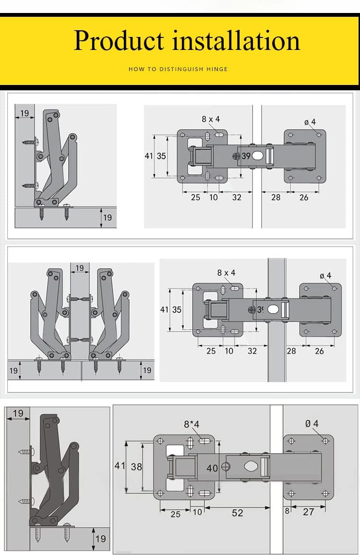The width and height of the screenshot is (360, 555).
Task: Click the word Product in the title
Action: click(x=119, y=40)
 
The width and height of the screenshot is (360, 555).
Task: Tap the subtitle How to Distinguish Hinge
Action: click(x=178, y=69)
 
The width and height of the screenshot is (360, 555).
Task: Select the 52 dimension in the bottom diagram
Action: click(x=238, y=513)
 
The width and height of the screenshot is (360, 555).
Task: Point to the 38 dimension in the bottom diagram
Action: click(x=136, y=466)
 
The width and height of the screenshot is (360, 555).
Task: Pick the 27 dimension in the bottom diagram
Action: click(x=308, y=512)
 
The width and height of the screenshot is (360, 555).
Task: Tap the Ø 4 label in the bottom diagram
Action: click(x=312, y=423)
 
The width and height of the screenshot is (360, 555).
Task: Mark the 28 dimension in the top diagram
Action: click(x=276, y=197)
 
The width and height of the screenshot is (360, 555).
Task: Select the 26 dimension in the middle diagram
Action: click(x=319, y=351)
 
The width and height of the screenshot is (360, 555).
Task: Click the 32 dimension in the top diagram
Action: click(x=237, y=197)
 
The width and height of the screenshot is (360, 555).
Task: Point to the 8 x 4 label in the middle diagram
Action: click(x=226, y=273)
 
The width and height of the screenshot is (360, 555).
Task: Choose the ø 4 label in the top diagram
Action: click(x=310, y=122)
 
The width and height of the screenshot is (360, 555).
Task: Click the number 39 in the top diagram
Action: click(x=246, y=156)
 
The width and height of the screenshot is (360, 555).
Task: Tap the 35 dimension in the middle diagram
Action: click(x=177, y=310)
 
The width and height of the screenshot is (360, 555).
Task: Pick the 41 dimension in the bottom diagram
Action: click(x=120, y=465)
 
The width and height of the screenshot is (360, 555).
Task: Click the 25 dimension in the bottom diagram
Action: click(x=176, y=514)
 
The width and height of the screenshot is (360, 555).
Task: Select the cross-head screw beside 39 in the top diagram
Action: click(x=236, y=156)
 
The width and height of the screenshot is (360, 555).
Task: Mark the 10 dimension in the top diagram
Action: click(x=214, y=197)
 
